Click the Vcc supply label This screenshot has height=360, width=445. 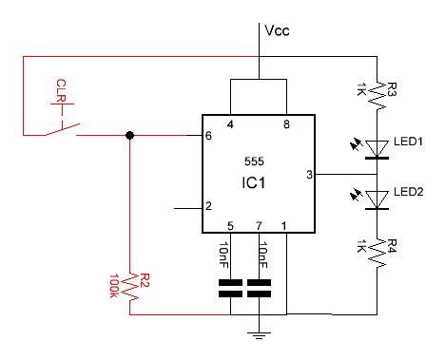click(277, 30)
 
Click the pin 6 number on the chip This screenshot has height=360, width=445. click(208, 136)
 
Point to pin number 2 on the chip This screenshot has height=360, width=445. click(208, 206)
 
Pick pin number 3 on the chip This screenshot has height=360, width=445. click(308, 174)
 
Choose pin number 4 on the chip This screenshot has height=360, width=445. click(230, 123)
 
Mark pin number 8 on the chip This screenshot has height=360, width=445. click(286, 123)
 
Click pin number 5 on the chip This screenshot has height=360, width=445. click(230, 225)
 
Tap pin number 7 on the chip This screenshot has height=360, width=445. click(258, 225)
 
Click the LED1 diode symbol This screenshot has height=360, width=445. click(378, 148)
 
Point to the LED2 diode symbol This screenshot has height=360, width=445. click(378, 199)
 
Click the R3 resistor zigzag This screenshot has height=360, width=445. click(378, 92)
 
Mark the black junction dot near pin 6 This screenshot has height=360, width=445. click(130, 136)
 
